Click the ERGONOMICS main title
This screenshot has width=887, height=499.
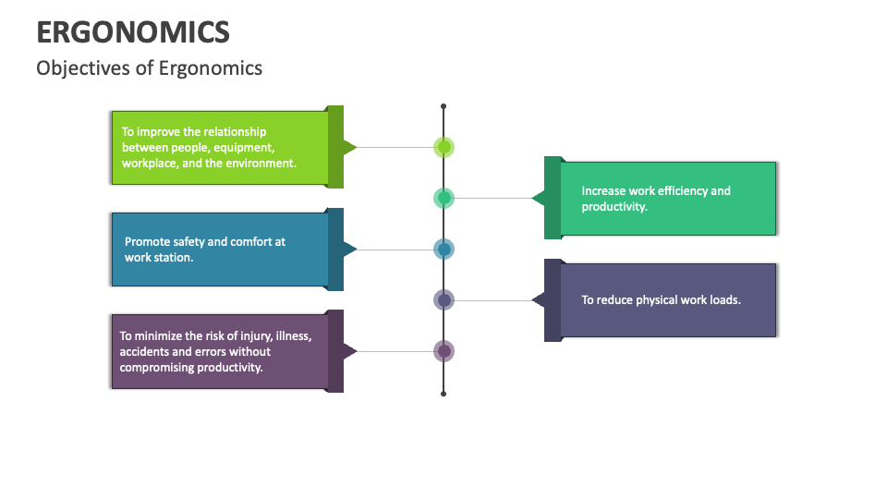tap(133, 32)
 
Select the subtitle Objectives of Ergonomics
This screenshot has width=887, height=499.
tap(149, 68)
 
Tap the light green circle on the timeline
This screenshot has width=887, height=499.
tap(444, 147)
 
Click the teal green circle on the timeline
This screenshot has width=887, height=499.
tap(444, 198)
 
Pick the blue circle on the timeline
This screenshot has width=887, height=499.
tap(444, 249)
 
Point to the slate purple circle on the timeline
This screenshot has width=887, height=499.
tap(444, 300)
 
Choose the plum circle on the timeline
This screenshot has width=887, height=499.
tap(444, 351)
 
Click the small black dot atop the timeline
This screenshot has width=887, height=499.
tap(443, 106)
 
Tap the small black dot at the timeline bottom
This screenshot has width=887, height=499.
tap(443, 394)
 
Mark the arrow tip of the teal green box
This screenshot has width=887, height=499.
tap(533, 198)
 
